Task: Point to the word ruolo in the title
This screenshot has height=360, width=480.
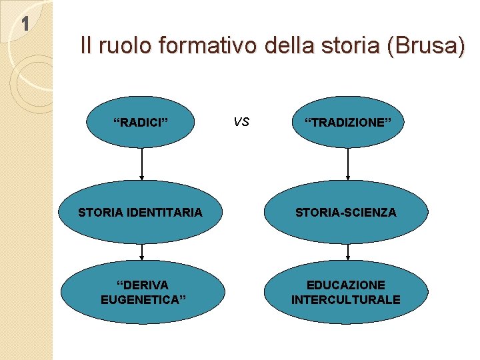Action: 123,46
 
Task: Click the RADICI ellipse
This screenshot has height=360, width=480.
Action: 141,122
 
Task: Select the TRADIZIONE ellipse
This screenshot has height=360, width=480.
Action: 347,122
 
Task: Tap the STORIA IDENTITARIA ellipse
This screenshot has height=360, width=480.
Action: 141,213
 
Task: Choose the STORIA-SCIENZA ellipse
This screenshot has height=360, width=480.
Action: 347,213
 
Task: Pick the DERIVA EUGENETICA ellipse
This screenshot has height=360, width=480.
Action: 142,292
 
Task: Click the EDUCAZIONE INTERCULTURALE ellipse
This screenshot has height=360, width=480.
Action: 347,292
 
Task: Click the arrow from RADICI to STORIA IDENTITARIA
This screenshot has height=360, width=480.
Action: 142,164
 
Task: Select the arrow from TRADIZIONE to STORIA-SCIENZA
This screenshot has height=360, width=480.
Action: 348,164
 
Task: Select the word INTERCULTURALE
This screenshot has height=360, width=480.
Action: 346,300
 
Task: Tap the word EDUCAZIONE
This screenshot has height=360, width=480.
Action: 347,285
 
